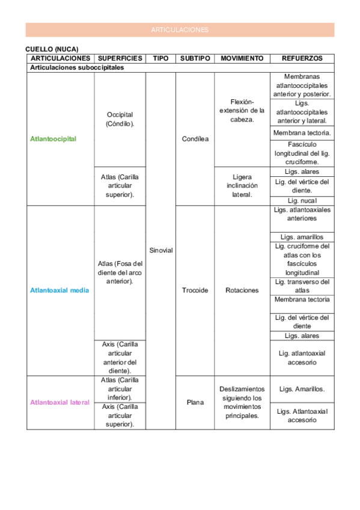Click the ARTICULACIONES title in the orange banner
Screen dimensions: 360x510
[180, 29]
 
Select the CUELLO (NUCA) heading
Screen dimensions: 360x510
[52, 49]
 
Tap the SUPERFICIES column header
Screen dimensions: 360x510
[120, 58]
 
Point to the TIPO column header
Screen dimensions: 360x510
[160, 58]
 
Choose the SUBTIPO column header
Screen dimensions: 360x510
[195, 58]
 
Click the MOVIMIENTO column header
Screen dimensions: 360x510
[242, 58]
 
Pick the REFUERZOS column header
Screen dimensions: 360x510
[302, 58]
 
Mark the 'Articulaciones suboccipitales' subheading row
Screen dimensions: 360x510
[77, 68]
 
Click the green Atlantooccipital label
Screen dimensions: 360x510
[53, 139]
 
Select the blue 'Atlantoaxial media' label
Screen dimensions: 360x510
[59, 290]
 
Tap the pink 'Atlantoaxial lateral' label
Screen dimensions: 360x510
[59, 402]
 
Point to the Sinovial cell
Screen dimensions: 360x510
[160, 250]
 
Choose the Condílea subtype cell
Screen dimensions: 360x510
[195, 139]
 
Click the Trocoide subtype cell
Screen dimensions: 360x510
[195, 290]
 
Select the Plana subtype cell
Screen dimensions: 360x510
[195, 402]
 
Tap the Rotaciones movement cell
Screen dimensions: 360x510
[242, 290]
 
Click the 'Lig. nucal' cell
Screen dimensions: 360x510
[302, 200]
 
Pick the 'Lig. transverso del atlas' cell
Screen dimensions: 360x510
[302, 286]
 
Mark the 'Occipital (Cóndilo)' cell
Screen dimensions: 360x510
[120, 119]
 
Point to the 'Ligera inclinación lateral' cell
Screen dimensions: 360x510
[242, 186]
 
